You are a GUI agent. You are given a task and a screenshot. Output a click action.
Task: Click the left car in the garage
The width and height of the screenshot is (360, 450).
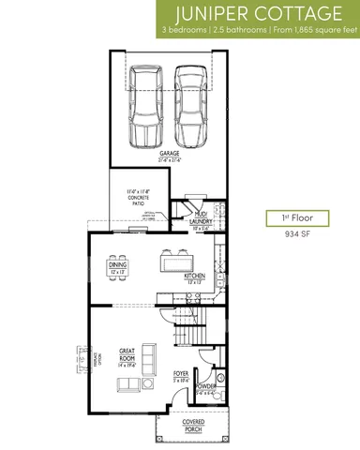point(146,105)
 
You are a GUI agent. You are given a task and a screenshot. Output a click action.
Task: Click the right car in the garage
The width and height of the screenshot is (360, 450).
point(191,105)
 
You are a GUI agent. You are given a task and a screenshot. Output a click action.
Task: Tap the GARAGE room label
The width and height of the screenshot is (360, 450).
point(170,155)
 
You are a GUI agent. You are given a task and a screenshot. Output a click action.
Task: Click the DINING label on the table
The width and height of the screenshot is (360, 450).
point(117,266)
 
